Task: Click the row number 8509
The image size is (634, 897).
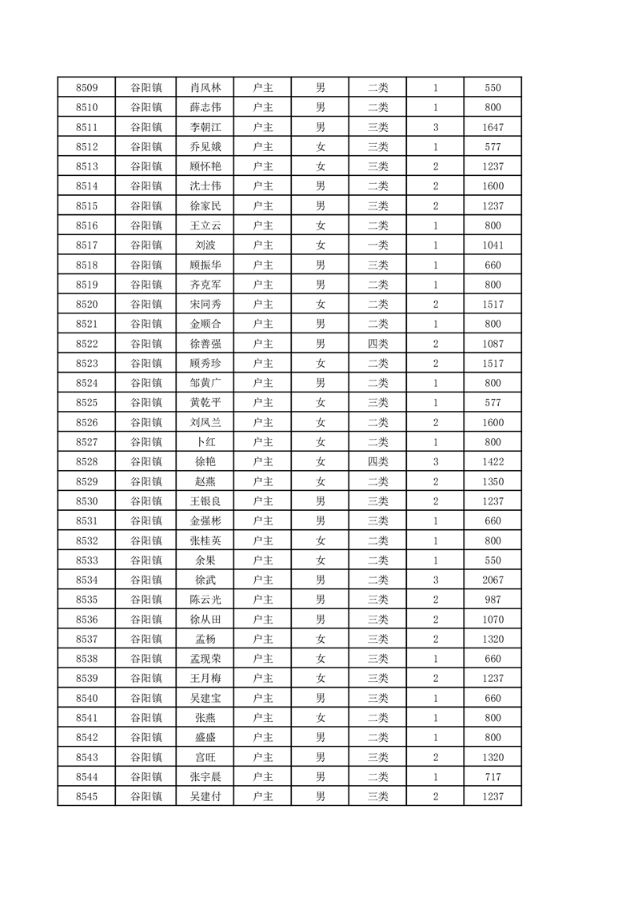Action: (86, 88)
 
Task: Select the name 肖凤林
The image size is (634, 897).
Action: (205, 88)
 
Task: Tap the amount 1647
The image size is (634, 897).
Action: (492, 127)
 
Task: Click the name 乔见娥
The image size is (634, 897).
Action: (205, 147)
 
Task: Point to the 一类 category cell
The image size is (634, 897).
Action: (377, 245)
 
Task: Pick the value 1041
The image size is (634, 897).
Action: (492, 245)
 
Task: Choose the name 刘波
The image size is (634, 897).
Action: (205, 245)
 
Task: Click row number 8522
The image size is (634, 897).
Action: (86, 344)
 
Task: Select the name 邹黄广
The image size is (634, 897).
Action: (205, 383)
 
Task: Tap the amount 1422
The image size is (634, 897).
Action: (492, 461)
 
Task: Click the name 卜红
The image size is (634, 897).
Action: (205, 442)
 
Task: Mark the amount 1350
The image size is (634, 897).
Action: (492, 481)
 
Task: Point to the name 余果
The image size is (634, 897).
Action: (205, 560)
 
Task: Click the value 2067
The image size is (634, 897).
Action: (492, 580)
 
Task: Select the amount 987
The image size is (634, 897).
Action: (492, 600)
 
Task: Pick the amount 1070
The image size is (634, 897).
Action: (492, 619)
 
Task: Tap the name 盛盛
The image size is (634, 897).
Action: (205, 737)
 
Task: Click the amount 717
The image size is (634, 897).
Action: (492, 776)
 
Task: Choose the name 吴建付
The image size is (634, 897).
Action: (205, 796)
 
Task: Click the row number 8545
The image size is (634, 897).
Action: (86, 796)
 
